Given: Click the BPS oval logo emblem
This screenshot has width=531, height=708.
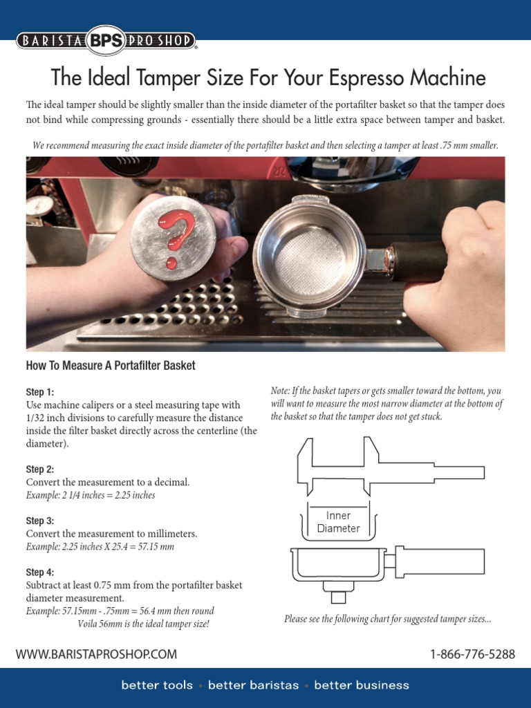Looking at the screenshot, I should (106, 41).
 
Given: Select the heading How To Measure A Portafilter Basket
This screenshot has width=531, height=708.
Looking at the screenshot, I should (111, 366).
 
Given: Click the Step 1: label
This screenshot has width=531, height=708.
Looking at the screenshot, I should (40, 392).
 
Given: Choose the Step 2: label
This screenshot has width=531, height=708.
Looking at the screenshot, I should (40, 469).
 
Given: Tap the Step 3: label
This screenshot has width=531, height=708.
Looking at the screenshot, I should (40, 521).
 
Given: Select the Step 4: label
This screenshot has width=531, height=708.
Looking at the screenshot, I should (40, 572).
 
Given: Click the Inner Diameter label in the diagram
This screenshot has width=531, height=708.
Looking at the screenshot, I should (338, 522).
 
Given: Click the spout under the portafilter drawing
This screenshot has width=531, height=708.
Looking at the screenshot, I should (338, 596).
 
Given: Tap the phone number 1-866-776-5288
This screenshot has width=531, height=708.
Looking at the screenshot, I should (472, 654).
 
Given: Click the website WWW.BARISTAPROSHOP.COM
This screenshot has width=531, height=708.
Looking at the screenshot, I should (96, 654).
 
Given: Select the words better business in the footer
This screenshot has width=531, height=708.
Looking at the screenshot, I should (362, 686).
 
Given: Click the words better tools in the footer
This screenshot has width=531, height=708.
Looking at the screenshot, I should (157, 686).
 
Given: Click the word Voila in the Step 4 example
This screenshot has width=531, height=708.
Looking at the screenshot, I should (91, 624).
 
